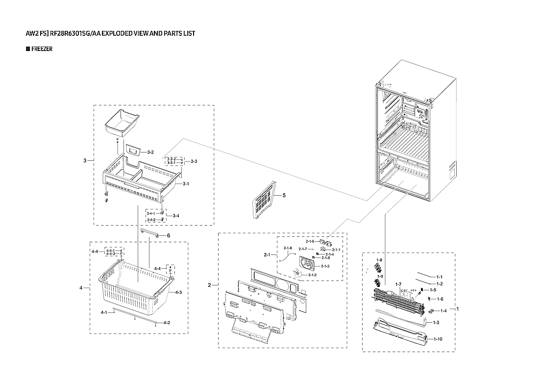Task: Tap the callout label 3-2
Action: (151, 153)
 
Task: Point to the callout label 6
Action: (168, 236)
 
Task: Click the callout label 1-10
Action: (437, 339)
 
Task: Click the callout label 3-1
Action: (186, 184)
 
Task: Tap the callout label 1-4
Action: (443, 310)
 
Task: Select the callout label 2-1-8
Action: (288, 248)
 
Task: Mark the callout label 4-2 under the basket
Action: (167, 323)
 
